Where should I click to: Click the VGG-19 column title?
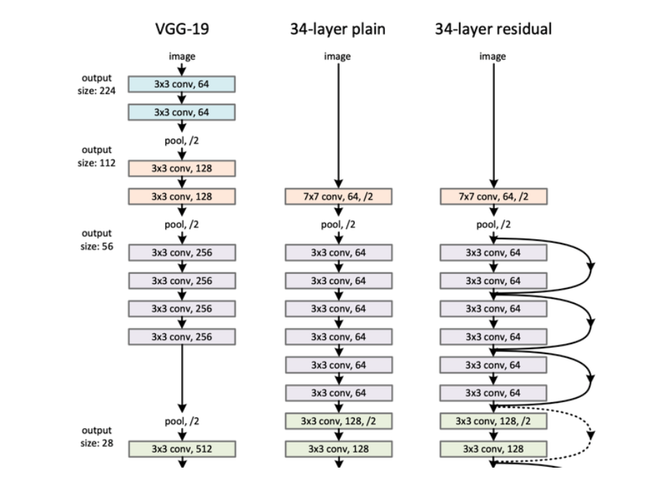coord(182,29)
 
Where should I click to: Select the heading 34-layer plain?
coord(338,29)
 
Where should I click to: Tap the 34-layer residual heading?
coord(493,29)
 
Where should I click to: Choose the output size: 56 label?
coord(97,239)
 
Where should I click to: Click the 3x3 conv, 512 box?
coord(182,449)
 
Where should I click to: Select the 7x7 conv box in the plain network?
coord(338,197)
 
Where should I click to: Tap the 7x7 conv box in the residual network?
coord(494,197)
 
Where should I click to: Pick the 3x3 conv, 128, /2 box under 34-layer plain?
coord(338,421)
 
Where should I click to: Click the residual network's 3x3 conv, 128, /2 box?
coord(494,421)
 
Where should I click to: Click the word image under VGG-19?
coord(182,56)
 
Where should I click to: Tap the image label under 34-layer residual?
coord(493,56)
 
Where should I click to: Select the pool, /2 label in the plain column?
coord(338,224)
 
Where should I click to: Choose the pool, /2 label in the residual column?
coord(494,224)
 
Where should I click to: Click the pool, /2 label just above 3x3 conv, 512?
coord(182,421)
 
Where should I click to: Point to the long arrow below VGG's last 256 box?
coord(182,377)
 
